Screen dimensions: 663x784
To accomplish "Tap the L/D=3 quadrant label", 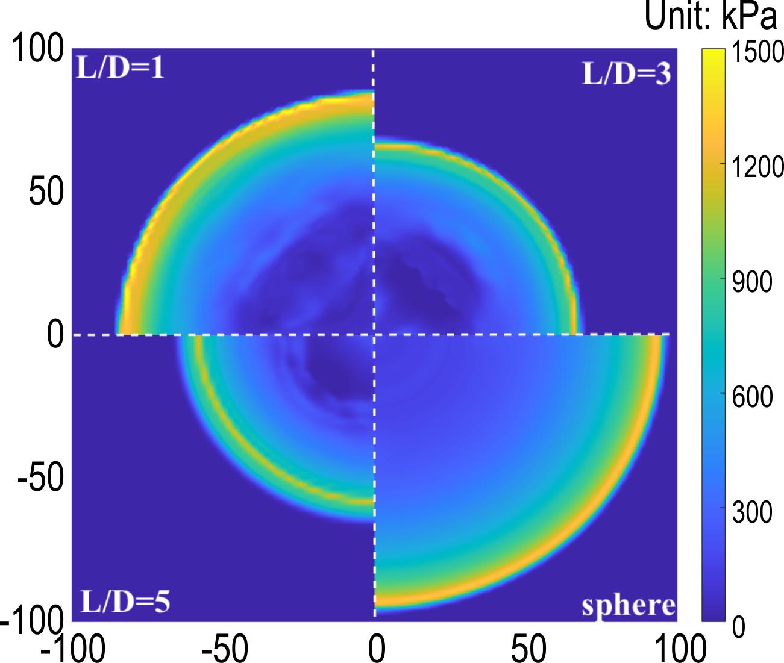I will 626,75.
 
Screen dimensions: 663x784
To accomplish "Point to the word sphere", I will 628,605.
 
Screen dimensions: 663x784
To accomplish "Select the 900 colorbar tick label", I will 751,282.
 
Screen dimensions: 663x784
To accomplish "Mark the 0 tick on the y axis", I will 55,335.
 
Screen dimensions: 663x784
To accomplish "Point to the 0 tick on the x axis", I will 376,649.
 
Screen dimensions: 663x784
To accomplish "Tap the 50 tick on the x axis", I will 528,649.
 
